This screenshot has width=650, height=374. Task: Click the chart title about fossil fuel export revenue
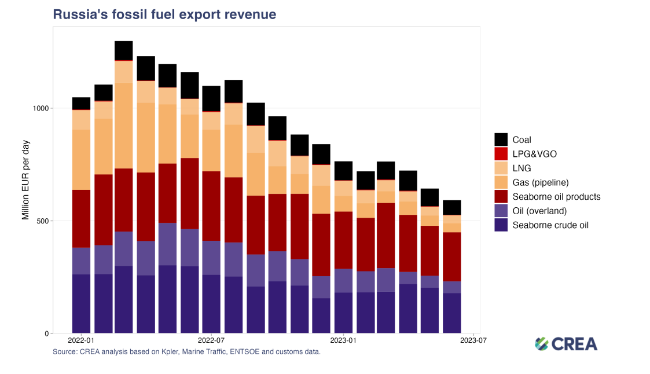point(164,14)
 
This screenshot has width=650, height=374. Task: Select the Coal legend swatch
point(501,140)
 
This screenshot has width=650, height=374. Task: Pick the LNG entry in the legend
point(522,168)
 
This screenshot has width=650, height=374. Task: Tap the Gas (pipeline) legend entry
point(541,182)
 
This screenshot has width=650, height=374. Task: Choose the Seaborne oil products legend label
point(556,197)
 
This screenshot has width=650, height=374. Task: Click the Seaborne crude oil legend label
point(550,225)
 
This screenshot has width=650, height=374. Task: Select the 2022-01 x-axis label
point(81,341)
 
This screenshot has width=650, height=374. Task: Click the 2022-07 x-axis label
point(211,341)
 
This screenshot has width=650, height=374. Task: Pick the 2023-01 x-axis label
point(343,341)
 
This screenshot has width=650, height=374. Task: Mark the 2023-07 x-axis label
point(473,341)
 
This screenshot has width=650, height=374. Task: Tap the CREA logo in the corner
point(565,344)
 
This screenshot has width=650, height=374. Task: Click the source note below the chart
point(186,351)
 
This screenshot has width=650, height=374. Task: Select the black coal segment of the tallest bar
point(124,50)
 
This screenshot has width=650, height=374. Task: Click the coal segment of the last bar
point(452,208)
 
